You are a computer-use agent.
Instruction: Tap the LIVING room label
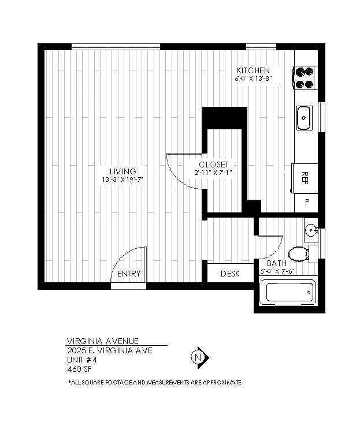point(123,171)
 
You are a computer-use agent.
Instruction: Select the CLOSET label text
point(214,165)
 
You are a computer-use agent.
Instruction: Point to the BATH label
point(276,263)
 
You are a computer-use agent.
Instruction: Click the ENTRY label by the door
point(129,274)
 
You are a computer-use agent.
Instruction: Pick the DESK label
point(230,274)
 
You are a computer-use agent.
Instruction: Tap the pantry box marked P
point(306,202)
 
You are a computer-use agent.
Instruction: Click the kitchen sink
point(304,118)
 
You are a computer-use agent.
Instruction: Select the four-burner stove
point(305,78)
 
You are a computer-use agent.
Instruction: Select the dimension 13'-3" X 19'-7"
point(123,180)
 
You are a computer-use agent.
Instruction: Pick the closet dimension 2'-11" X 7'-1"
point(214,172)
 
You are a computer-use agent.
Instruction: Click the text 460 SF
point(79,369)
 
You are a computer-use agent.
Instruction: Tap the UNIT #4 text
point(82,360)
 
